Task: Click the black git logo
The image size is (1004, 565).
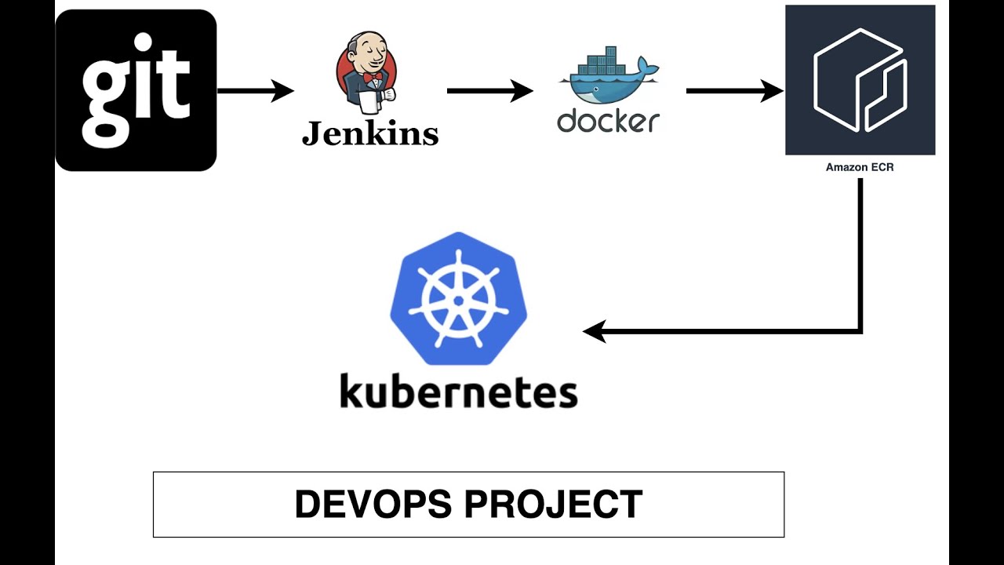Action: pyautogui.click(x=136, y=90)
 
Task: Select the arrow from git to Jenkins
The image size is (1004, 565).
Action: pyautogui.click(x=255, y=91)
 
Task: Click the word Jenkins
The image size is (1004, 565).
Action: pyautogui.click(x=369, y=133)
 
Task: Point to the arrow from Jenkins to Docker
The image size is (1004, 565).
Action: pyautogui.click(x=489, y=91)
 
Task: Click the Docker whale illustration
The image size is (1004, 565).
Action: pyautogui.click(x=608, y=78)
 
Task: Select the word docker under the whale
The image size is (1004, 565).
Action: pyautogui.click(x=608, y=121)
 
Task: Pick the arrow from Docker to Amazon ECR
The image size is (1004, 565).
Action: pyautogui.click(x=733, y=91)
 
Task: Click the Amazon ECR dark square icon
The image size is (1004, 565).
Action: pyautogui.click(x=860, y=80)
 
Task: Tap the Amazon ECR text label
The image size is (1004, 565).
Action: pyautogui.click(x=860, y=167)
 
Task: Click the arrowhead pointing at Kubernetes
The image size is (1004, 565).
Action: pyautogui.click(x=594, y=331)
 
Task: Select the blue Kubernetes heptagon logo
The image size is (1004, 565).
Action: pyautogui.click(x=458, y=298)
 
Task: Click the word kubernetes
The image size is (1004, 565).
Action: pyautogui.click(x=458, y=391)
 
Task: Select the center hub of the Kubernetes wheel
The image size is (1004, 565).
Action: pyautogui.click(x=458, y=301)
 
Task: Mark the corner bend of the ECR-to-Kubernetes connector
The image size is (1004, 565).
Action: pyautogui.click(x=860, y=331)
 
